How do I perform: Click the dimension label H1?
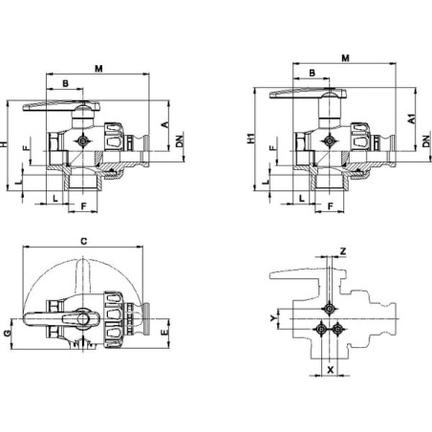pyautogui.click(x=251, y=139)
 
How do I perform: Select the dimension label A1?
pyautogui.click(x=412, y=119)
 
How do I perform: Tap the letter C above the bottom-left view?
pyautogui.click(x=83, y=241)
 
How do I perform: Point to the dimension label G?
pyautogui.click(x=7, y=334)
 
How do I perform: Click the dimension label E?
pyautogui.click(x=164, y=332)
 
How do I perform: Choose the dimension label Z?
pyautogui.click(x=343, y=251)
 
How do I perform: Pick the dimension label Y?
pyautogui.click(x=273, y=318)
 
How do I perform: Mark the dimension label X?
pyautogui.click(x=331, y=370)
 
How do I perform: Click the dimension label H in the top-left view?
pyautogui.click(x=4, y=144)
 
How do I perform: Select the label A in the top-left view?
pyautogui.click(x=165, y=124)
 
